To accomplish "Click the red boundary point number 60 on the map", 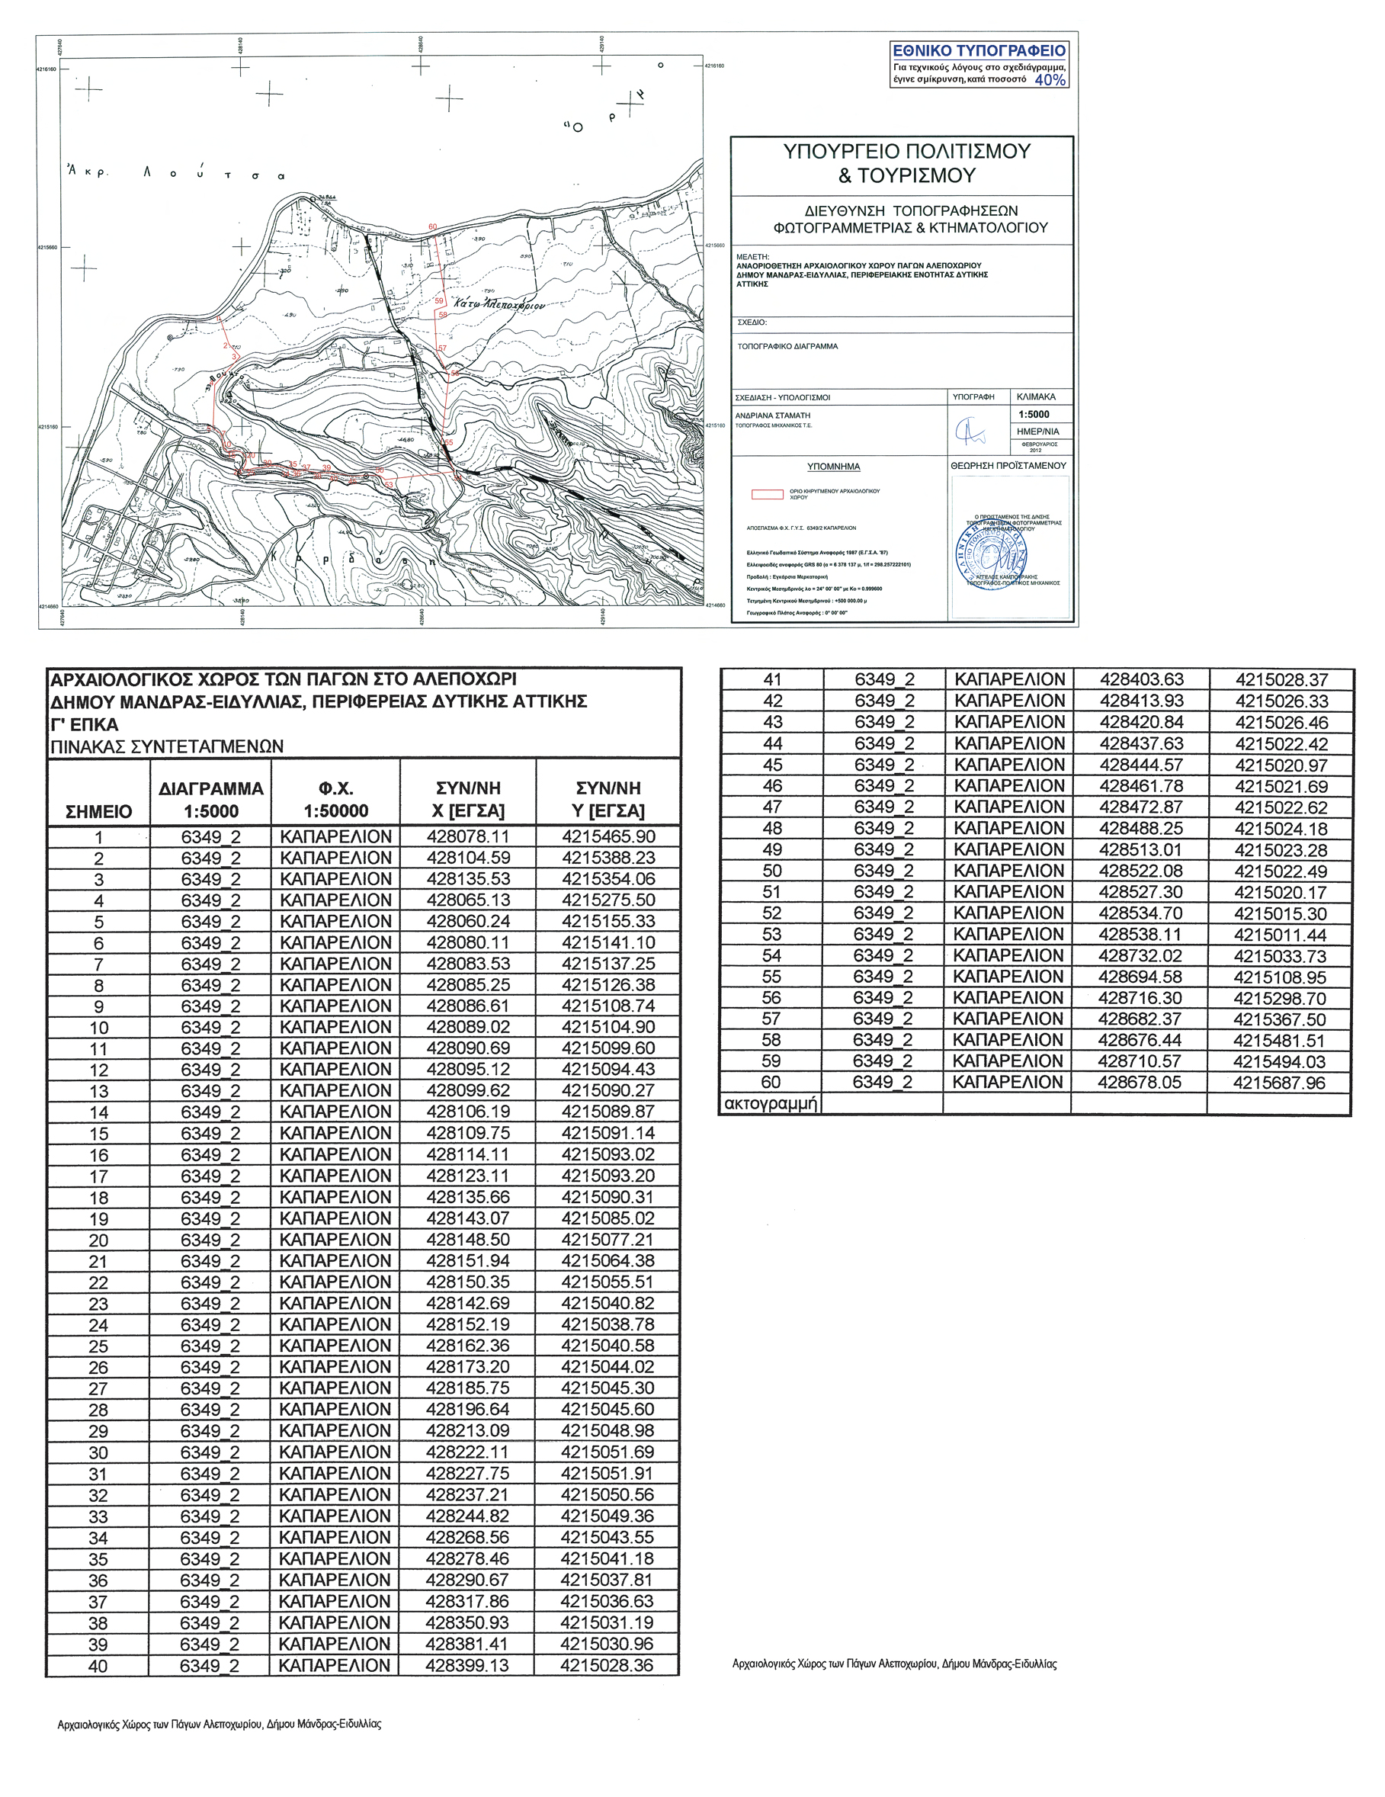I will [x=433, y=227].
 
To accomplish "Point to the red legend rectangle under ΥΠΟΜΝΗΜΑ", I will [x=767, y=495].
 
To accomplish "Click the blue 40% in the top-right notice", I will [x=1050, y=80].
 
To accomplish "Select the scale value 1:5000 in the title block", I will [x=1033, y=415].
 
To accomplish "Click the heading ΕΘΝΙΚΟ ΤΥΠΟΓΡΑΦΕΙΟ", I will [x=979, y=51].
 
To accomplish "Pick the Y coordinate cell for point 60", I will [x=1279, y=1083].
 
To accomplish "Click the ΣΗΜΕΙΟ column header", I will [x=98, y=811].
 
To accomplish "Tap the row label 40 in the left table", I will [x=98, y=1666].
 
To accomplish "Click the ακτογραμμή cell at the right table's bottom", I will [x=771, y=1103].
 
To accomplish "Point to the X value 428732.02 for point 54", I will [x=1140, y=955].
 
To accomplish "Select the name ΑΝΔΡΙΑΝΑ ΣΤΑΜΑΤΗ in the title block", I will [x=772, y=416].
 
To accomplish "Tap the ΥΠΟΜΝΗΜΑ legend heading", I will [x=833, y=467].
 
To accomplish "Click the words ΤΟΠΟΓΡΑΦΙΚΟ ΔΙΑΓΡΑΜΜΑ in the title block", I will [x=787, y=346].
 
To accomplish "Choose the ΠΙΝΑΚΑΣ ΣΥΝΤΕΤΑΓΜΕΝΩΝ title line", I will [x=167, y=747].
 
